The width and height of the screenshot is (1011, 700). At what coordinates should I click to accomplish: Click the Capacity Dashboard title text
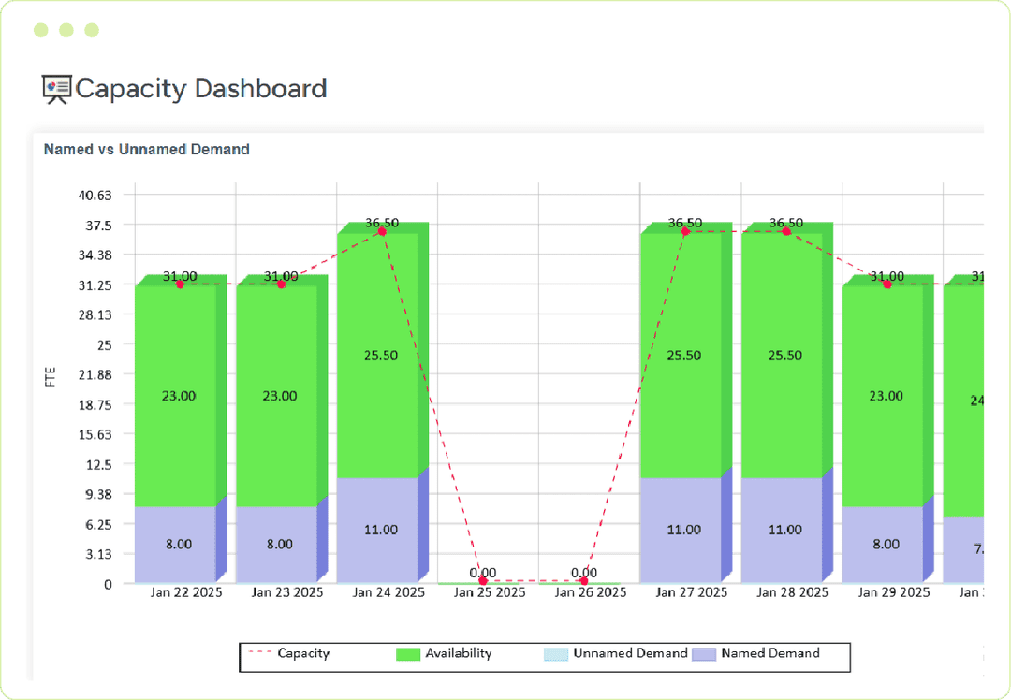[x=200, y=89]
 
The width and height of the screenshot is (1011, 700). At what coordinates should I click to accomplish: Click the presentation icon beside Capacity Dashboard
[x=56, y=89]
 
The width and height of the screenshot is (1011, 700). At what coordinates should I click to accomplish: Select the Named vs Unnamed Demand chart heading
[x=147, y=149]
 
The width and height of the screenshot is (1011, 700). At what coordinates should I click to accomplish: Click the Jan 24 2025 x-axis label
[x=388, y=592]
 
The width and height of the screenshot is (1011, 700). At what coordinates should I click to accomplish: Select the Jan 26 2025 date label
[x=590, y=592]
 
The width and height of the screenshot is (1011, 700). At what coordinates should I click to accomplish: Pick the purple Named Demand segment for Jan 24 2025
[x=377, y=530]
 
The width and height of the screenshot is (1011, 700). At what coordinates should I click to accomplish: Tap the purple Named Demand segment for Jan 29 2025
[x=883, y=544]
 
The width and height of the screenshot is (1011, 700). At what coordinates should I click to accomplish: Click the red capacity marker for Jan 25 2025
[x=483, y=581]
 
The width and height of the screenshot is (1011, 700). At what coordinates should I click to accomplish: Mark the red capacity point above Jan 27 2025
[x=685, y=231]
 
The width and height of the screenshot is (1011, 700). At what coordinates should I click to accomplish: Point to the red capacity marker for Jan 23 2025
[x=281, y=284]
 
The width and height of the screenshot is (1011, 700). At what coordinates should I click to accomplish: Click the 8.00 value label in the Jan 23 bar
[x=279, y=544]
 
